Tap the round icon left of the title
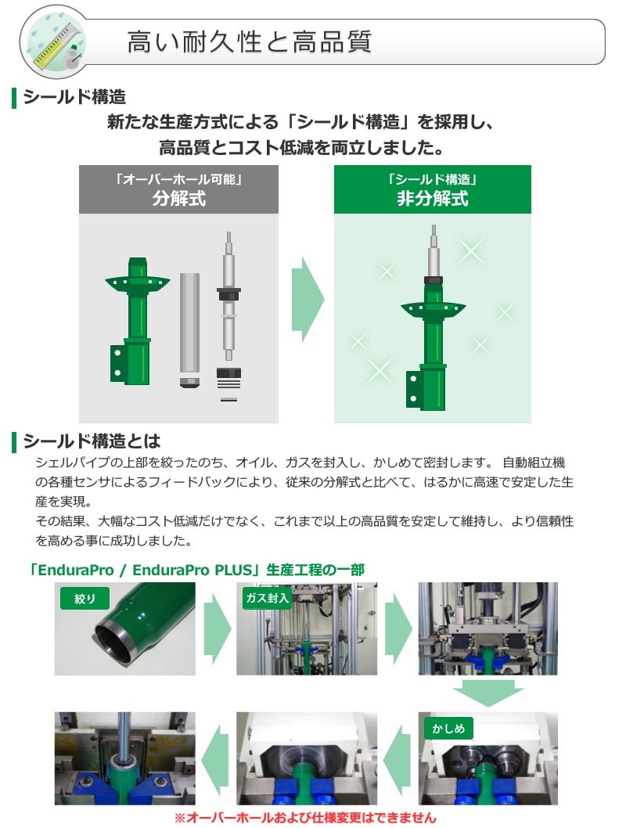coord(52,41)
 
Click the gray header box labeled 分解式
coord(178,189)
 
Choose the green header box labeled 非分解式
coord(432,189)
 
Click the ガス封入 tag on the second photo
coord(267,599)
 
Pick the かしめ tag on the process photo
coord(448,729)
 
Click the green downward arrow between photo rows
coord(487,692)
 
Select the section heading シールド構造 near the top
coord(74,98)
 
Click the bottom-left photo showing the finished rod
coord(124,758)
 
